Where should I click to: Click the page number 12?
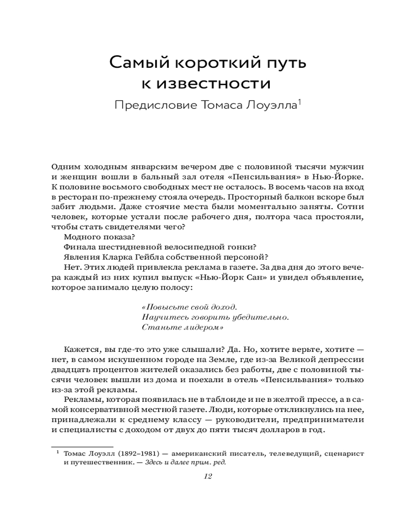pyautogui.click(x=207, y=477)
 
